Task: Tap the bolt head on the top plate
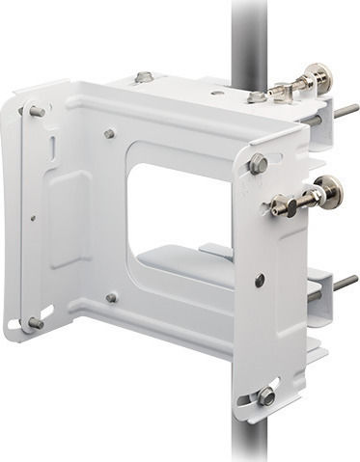click(144, 77)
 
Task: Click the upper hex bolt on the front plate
click(258, 164)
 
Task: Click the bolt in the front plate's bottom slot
click(266, 395)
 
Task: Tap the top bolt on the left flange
click(36, 112)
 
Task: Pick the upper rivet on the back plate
click(109, 133)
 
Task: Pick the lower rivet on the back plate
click(111, 298)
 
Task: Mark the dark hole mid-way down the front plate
click(260, 281)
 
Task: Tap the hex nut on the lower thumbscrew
click(280, 204)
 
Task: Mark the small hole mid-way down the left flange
click(33, 218)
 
